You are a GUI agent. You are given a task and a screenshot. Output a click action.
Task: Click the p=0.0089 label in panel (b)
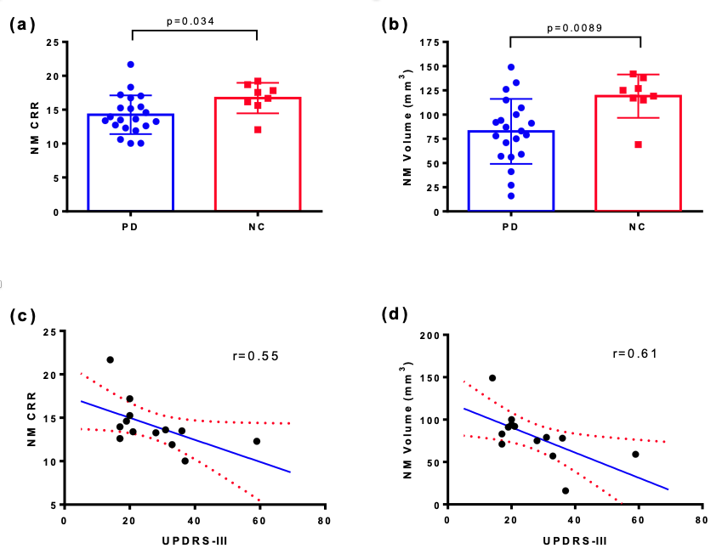pyautogui.click(x=575, y=28)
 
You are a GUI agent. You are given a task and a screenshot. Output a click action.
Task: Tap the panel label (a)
pyautogui.click(x=23, y=24)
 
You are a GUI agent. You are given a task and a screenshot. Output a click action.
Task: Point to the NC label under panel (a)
pyautogui.click(x=257, y=227)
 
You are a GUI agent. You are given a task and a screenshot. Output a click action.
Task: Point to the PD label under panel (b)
pyautogui.click(x=511, y=227)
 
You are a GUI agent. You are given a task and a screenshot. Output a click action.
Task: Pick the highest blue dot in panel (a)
pyautogui.click(x=131, y=65)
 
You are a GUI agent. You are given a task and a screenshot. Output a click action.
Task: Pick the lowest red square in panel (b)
pyautogui.click(x=638, y=144)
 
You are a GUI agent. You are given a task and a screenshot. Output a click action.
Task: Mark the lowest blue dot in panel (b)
pyautogui.click(x=511, y=196)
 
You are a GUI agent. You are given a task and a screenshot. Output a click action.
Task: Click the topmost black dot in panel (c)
pyautogui.click(x=111, y=359)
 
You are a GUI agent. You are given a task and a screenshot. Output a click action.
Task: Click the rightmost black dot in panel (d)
pyautogui.click(x=635, y=454)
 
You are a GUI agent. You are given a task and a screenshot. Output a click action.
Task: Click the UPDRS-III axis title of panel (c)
pyautogui.click(x=195, y=540)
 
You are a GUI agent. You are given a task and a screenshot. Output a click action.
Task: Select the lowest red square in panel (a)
pyautogui.click(x=258, y=129)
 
